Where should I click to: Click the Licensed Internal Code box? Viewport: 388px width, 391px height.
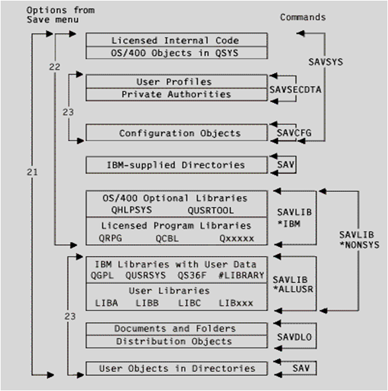175,40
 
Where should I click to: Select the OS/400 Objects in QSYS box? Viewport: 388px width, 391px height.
175,53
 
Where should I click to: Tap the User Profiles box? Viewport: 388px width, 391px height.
175,82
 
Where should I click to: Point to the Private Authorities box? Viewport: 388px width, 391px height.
175,94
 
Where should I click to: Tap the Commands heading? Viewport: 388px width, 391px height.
303,17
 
